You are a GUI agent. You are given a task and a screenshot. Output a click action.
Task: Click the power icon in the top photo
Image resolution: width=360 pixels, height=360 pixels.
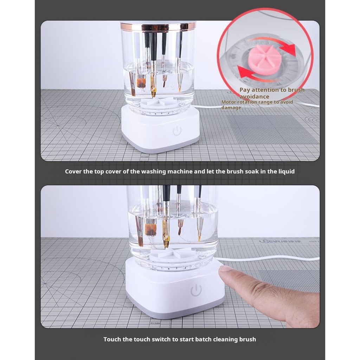click(x=177, y=131)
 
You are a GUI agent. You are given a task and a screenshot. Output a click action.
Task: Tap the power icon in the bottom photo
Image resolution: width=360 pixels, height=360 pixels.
click(x=196, y=290)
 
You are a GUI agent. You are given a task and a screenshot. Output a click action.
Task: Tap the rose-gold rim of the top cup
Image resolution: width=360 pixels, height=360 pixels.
click(x=158, y=27)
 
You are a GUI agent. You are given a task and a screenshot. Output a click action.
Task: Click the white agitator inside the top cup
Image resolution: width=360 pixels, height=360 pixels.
click(x=159, y=102)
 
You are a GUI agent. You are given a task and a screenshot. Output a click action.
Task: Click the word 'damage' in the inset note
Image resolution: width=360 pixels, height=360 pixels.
click(x=231, y=108)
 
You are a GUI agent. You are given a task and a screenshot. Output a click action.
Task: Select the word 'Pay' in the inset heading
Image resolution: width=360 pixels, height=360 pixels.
click(x=245, y=90)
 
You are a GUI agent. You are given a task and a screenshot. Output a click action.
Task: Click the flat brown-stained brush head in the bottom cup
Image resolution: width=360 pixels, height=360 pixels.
click(x=150, y=230)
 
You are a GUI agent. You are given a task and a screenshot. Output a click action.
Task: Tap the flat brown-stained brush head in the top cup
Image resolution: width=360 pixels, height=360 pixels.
click(x=141, y=83)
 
